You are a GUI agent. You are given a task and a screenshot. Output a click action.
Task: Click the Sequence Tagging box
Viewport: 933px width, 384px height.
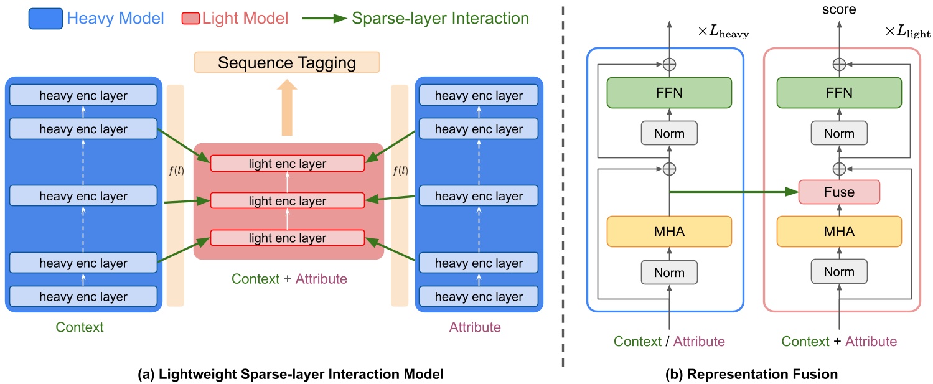tap(286, 63)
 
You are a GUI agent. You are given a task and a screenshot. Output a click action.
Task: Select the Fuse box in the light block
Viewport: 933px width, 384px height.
tap(838, 192)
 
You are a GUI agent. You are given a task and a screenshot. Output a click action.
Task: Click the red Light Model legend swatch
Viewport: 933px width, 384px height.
tap(191, 19)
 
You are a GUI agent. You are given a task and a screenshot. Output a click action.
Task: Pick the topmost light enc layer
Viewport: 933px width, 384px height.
tap(287, 164)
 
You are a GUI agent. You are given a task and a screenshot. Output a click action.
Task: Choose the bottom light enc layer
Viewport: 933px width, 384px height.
tap(287, 238)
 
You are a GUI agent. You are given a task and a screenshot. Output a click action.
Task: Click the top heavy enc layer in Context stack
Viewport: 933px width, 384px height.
tap(83, 96)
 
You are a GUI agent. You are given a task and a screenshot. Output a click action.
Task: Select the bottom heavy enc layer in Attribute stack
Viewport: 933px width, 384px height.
tap(479, 297)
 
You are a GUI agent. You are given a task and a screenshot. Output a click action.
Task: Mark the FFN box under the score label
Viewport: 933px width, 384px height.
tap(838, 93)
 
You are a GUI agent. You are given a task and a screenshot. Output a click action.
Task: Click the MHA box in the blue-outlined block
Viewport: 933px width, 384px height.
tap(669, 232)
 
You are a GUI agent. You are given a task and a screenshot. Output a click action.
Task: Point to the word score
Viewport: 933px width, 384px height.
tap(838, 9)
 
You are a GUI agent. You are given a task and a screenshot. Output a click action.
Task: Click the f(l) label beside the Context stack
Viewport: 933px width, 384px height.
tap(176, 170)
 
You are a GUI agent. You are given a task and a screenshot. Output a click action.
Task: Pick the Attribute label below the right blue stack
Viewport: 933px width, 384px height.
tap(474, 327)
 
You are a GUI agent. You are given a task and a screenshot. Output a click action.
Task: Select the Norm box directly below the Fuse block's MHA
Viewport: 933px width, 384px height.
tap(838, 272)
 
